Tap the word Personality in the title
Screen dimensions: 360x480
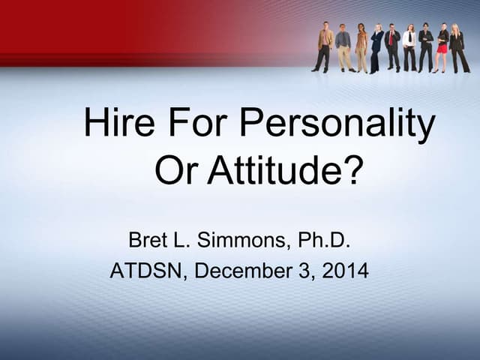(x=340, y=124)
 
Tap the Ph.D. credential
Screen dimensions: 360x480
(x=324, y=241)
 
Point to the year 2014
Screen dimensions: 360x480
(x=345, y=271)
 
